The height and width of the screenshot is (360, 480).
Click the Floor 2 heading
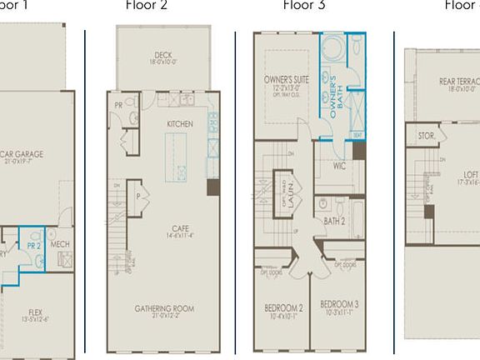point(146,5)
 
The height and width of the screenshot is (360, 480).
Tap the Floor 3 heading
point(304,5)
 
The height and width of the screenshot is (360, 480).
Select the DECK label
point(163,55)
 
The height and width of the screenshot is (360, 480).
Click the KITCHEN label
point(179,124)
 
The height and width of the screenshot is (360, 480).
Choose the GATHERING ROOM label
point(164,308)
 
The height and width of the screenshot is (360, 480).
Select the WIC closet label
point(339,166)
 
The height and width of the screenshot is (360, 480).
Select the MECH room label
point(59,245)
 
